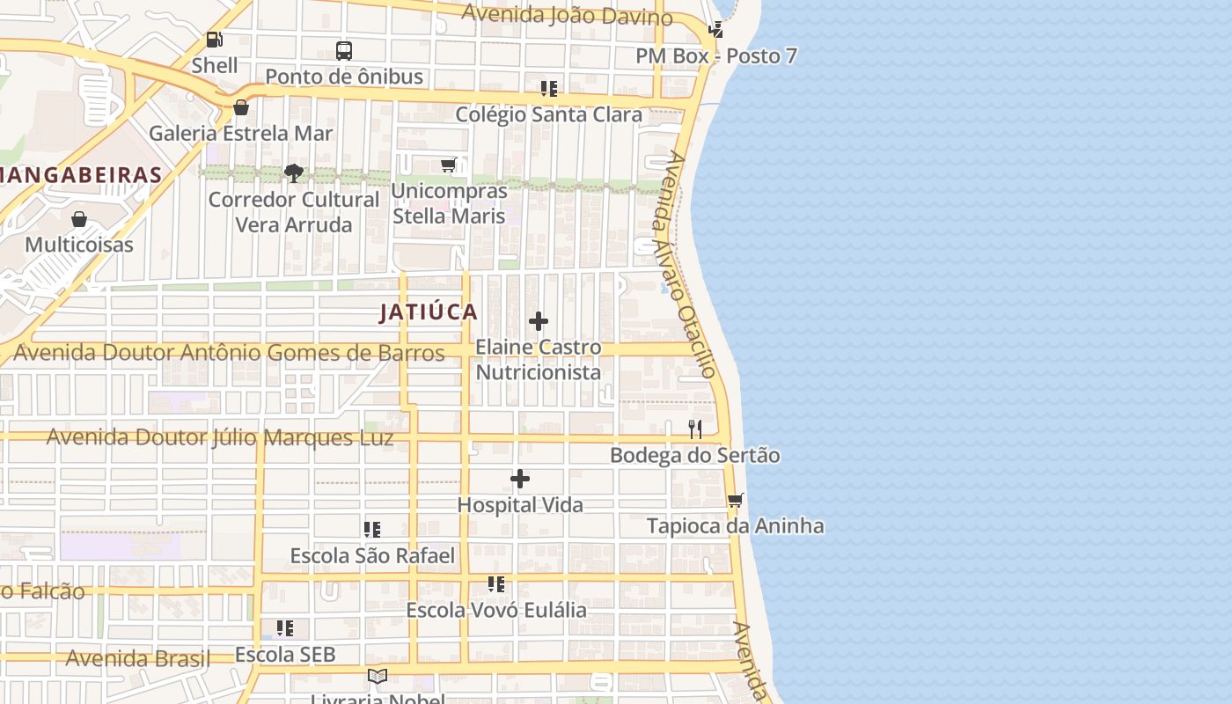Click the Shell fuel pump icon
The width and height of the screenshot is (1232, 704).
tap(214, 40)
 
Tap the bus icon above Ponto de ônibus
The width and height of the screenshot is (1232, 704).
tap(344, 51)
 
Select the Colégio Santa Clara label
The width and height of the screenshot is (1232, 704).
tap(548, 114)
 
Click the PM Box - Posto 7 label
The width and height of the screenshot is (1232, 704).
tap(716, 56)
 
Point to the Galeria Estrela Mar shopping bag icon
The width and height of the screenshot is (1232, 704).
tap(240, 108)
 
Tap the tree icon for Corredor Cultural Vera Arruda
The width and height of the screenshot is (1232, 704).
tap(294, 173)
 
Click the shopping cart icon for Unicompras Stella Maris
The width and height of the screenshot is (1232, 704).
tap(449, 165)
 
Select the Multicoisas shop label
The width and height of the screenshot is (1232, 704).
tap(79, 245)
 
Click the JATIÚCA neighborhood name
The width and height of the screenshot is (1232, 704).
tap(429, 312)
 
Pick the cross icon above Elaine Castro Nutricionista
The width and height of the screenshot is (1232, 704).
tap(539, 322)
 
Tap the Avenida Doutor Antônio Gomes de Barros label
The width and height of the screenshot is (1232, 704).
tap(230, 353)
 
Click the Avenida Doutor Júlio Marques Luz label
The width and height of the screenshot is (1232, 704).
tap(220, 437)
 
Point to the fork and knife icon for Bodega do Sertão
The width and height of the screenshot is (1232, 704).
tap(695, 429)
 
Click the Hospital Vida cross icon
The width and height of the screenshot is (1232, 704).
tap(520, 480)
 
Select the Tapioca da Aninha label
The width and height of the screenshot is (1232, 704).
tap(735, 526)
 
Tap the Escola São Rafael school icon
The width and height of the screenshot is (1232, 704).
tap(372, 530)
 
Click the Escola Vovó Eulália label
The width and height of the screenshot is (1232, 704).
tap(495, 610)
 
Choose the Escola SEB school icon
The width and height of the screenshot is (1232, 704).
tap(285, 628)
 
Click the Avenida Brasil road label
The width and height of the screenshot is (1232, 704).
tap(138, 658)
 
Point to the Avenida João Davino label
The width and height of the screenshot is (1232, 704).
tap(567, 15)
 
